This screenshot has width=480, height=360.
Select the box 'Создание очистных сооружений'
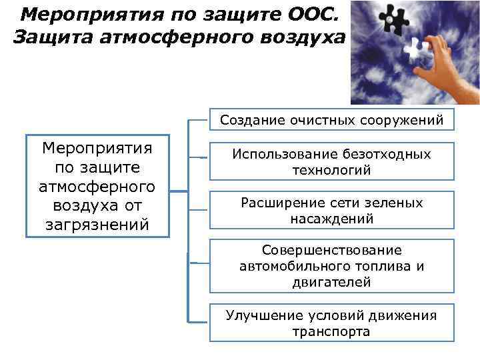coord(331,120)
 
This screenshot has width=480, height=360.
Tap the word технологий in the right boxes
coord(331,170)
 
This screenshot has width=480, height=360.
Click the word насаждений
coord(331,219)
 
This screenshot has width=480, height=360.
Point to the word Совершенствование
coord(331,250)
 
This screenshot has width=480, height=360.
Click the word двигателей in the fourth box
coord(331,282)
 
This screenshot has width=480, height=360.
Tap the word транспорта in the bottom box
coord(331,331)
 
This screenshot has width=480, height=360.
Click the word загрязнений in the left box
coord(97,225)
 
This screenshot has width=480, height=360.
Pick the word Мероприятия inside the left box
coord(97,147)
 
